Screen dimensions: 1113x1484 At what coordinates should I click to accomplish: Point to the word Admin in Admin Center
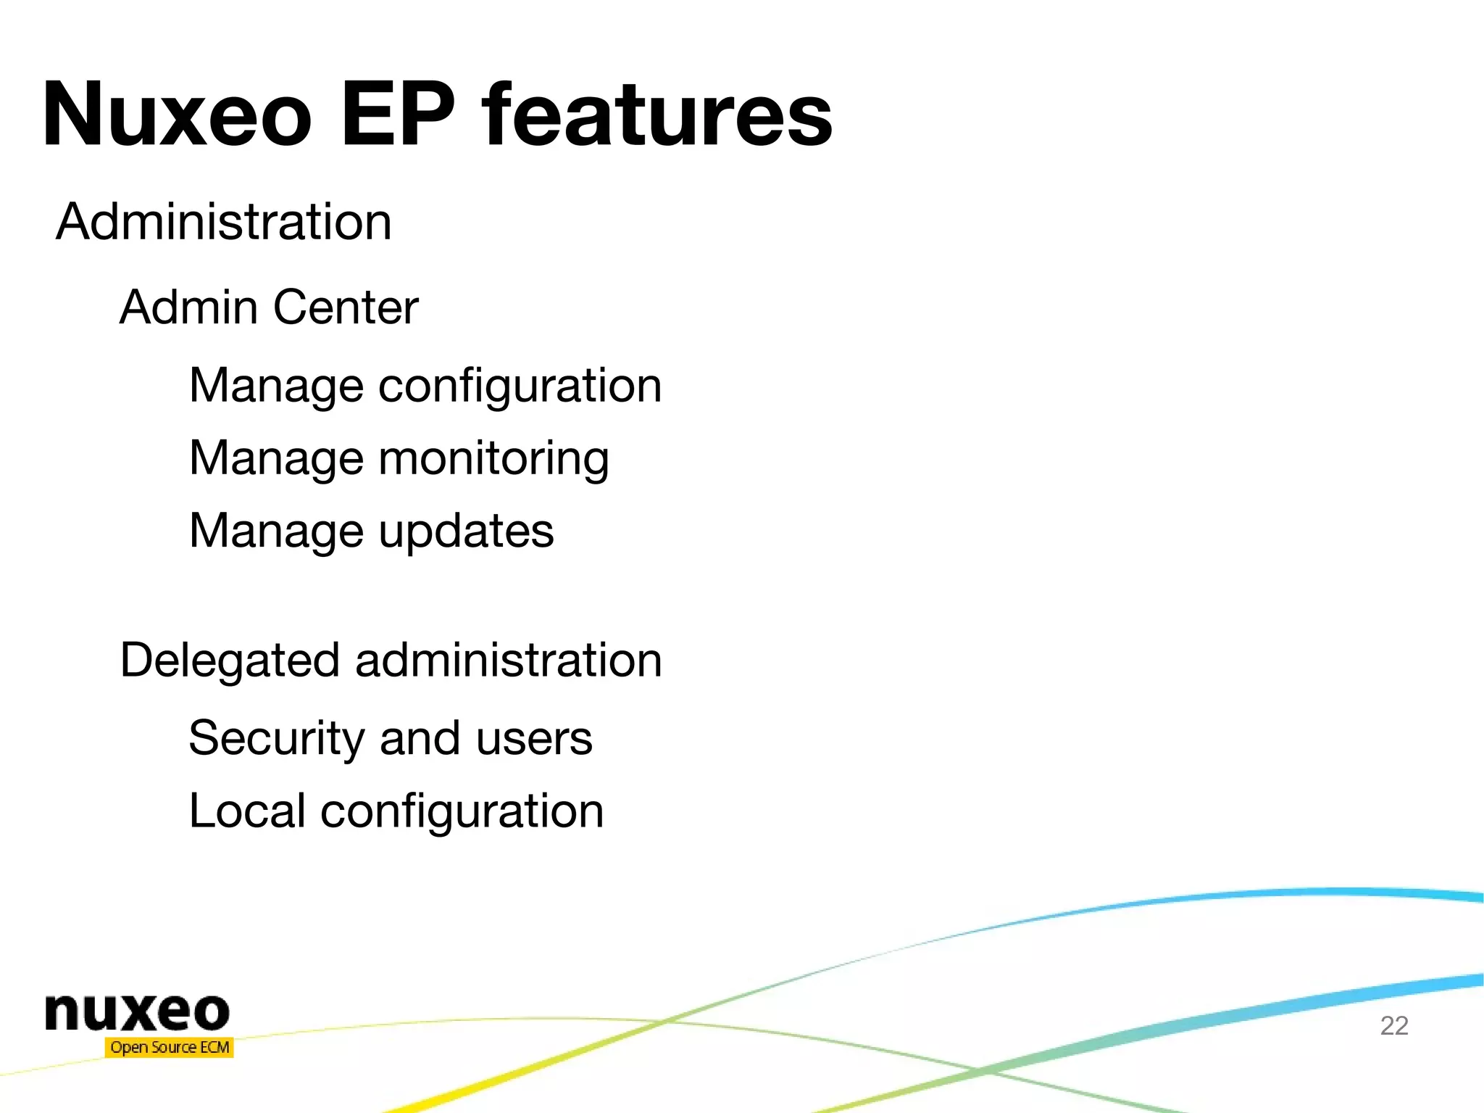click(188, 307)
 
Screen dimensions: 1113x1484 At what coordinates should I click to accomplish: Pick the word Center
click(346, 307)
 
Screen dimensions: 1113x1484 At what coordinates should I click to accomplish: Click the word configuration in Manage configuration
click(520, 386)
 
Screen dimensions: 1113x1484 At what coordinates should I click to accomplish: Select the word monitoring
click(493, 459)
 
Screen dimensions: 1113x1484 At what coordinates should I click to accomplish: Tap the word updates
click(466, 531)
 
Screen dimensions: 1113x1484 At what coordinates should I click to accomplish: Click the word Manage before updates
click(276, 531)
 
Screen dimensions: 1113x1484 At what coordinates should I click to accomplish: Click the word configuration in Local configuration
click(462, 811)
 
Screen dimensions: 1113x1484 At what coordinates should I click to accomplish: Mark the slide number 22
click(1394, 1025)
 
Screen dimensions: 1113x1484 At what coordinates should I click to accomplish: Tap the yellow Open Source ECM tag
click(170, 1047)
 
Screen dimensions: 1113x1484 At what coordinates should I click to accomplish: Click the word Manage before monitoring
click(276, 459)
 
